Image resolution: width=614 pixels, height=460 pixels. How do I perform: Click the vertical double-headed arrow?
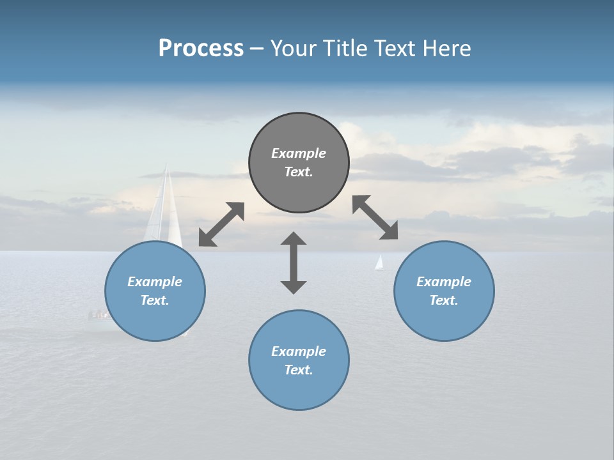pyautogui.click(x=294, y=263)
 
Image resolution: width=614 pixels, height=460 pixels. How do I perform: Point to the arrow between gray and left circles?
pyautogui.click(x=221, y=224)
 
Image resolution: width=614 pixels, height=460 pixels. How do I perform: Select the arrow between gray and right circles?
pyautogui.click(x=375, y=217)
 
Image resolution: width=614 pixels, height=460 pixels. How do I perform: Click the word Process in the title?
pyautogui.click(x=201, y=48)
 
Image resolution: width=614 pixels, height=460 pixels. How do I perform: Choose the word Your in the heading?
pyautogui.click(x=294, y=48)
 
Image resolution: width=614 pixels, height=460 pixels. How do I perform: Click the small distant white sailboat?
pyautogui.click(x=379, y=263)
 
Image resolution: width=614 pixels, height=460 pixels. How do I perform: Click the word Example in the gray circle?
pyautogui.click(x=299, y=153)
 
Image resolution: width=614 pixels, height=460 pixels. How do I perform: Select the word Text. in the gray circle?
pyautogui.click(x=299, y=172)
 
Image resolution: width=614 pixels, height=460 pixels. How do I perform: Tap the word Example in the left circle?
pyautogui.click(x=155, y=282)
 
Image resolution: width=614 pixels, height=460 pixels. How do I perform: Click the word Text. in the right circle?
pyautogui.click(x=444, y=300)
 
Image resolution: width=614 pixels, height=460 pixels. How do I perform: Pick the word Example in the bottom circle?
pyautogui.click(x=299, y=351)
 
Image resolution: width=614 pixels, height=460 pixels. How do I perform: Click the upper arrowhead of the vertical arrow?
pyautogui.click(x=294, y=239)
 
